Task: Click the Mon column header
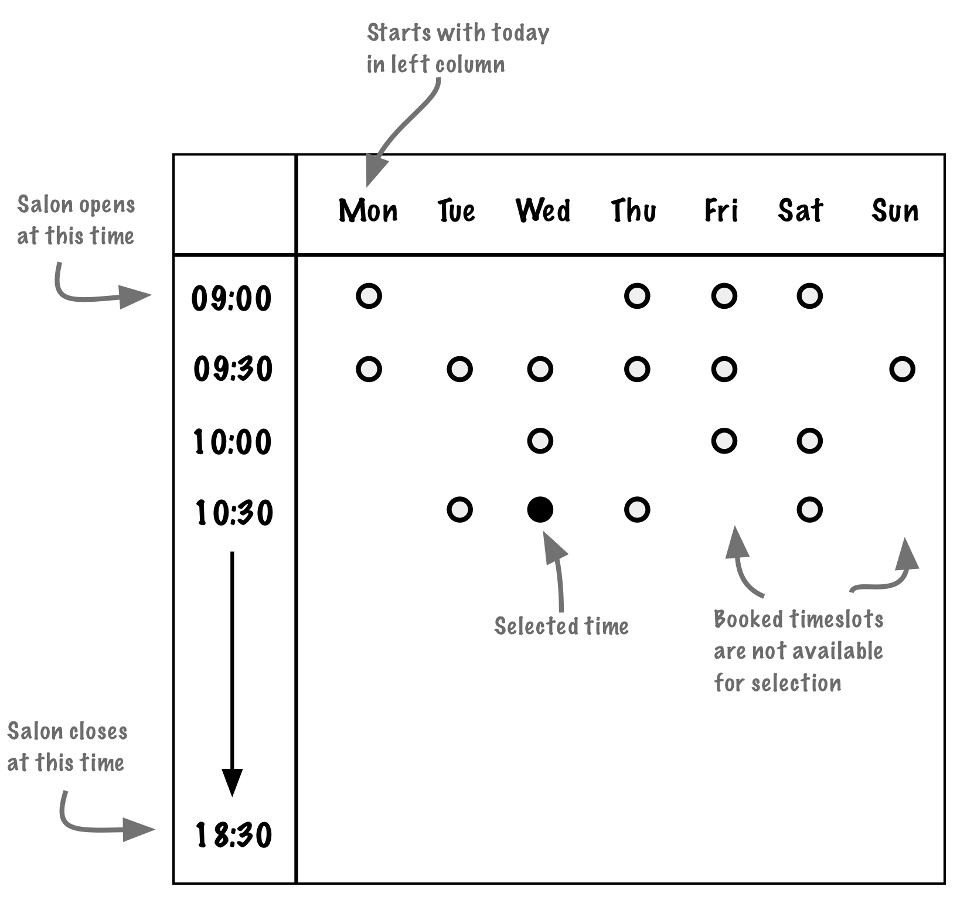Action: (x=368, y=210)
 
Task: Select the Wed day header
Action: (x=543, y=210)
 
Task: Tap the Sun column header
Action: (x=895, y=210)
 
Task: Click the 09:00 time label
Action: (x=232, y=298)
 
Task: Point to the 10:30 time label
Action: (x=234, y=513)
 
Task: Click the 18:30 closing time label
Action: (x=234, y=835)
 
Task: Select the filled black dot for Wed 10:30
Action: (x=540, y=509)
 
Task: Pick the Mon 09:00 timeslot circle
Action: (x=369, y=296)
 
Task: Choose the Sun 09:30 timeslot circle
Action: (x=902, y=369)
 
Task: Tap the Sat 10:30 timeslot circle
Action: (x=809, y=510)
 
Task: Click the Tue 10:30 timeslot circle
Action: (x=459, y=510)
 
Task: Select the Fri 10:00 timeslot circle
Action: (x=724, y=441)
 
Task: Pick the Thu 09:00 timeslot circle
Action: (x=637, y=296)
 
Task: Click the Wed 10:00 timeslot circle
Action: (x=540, y=441)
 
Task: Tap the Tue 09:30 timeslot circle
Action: (x=459, y=369)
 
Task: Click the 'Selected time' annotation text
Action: (x=561, y=626)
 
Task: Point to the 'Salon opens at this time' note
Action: (x=76, y=220)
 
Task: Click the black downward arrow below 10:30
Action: (x=232, y=674)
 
